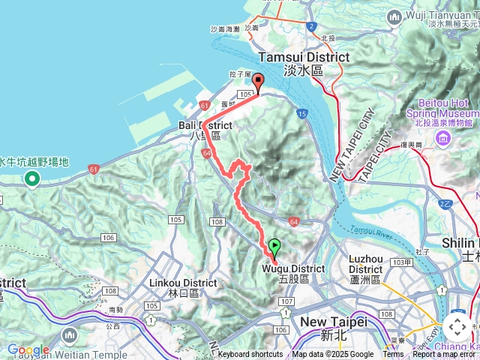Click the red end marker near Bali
(x=258, y=82)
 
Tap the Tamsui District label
(x=303, y=58)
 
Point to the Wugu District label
(x=293, y=268)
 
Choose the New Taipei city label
(x=333, y=322)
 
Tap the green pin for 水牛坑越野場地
(x=31, y=178)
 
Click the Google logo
(x=28, y=349)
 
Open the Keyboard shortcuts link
(x=250, y=355)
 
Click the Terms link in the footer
(x=392, y=355)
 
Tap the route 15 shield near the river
(x=301, y=113)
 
